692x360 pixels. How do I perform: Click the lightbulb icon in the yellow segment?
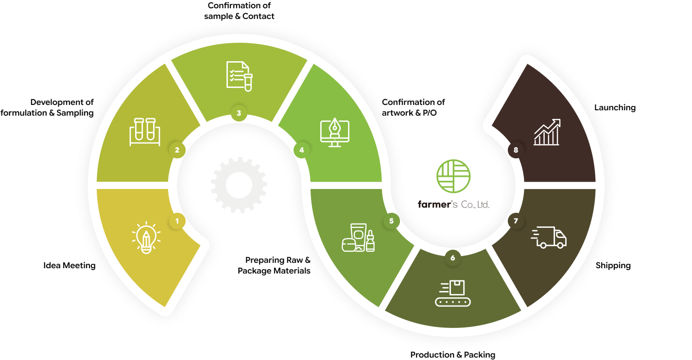[146, 238]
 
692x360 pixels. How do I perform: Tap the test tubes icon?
[145, 132]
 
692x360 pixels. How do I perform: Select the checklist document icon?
[239, 76]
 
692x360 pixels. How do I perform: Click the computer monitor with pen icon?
[335, 133]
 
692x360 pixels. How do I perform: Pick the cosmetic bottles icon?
[358, 238]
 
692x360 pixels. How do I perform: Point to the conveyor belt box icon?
[452, 293]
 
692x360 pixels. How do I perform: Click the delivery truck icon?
[549, 237]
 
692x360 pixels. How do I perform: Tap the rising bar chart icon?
[547, 132]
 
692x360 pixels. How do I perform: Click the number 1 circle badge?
[177, 221]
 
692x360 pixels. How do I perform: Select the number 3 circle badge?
[239, 113]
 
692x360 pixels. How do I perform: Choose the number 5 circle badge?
[391, 221]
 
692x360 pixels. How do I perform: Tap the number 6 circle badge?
[453, 258]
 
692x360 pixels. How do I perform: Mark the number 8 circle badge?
[516, 150]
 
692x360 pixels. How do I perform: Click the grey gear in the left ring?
[239, 185]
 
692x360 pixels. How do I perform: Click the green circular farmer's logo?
[453, 176]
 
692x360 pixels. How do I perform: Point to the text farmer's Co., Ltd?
[453, 205]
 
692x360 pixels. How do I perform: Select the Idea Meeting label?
[69, 266]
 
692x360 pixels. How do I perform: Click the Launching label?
[615, 108]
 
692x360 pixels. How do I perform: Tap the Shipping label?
[613, 266]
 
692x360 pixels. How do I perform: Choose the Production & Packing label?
[453, 355]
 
